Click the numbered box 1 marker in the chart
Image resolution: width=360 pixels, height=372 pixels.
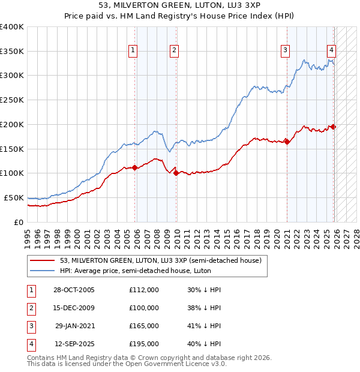(132, 50)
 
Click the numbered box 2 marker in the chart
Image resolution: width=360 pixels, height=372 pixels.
(174, 50)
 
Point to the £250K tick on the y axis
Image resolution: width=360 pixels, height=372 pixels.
(11, 100)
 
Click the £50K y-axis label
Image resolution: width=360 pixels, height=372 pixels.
(13, 197)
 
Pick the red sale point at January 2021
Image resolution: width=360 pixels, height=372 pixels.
(287, 142)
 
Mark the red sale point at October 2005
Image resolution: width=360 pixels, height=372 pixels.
(135, 168)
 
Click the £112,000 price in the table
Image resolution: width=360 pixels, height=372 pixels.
(144, 290)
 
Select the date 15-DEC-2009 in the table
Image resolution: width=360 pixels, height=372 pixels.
(74, 308)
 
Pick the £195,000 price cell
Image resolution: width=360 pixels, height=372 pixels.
(144, 344)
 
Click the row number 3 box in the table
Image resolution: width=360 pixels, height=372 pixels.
(31, 326)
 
